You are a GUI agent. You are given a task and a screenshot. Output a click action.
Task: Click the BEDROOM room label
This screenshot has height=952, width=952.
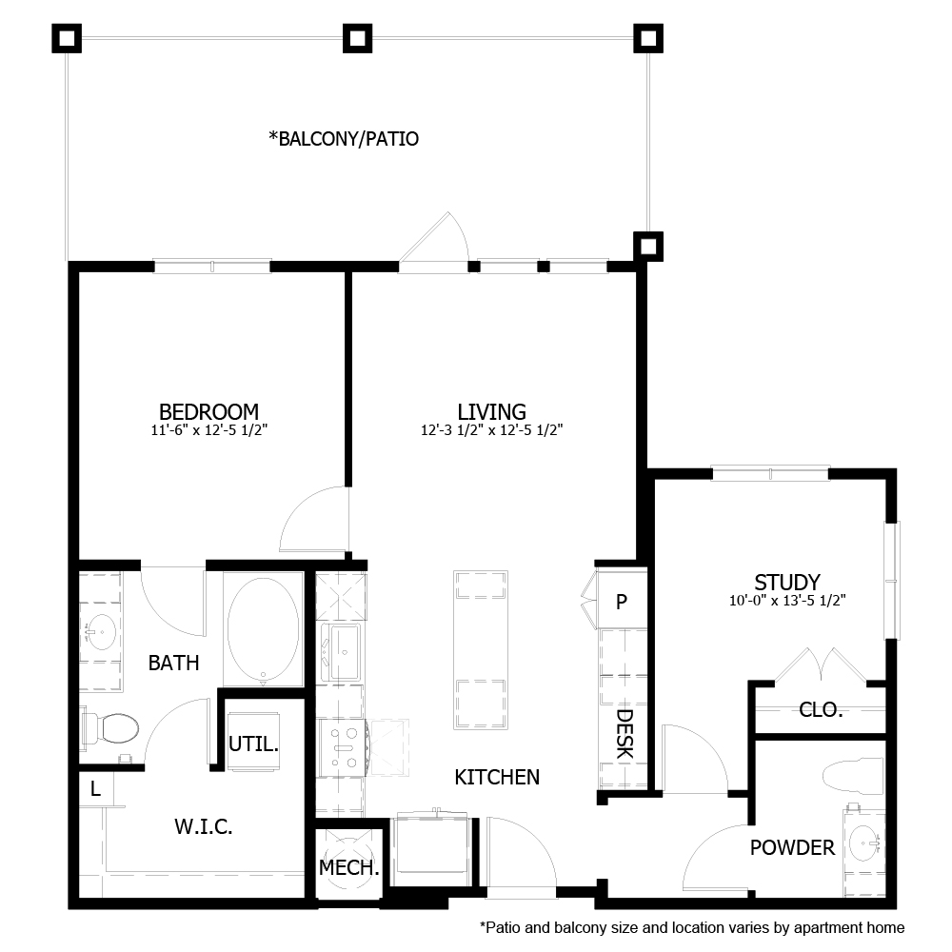click(x=208, y=411)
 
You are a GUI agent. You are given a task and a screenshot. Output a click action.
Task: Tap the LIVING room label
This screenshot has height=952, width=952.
click(x=491, y=411)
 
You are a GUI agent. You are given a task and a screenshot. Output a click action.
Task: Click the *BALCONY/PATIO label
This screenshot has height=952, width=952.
click(x=344, y=139)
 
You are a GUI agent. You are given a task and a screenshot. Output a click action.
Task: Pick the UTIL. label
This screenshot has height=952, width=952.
click(x=253, y=744)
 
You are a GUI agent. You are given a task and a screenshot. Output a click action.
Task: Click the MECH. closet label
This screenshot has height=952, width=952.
click(x=349, y=868)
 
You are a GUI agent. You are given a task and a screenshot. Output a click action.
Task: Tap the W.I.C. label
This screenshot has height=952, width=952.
click(x=204, y=827)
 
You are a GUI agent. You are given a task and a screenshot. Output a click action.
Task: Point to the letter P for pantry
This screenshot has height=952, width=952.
click(x=622, y=602)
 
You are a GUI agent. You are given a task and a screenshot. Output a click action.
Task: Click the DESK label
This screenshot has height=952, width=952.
click(x=625, y=734)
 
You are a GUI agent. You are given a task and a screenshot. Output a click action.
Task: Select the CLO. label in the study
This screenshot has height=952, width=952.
click(x=821, y=709)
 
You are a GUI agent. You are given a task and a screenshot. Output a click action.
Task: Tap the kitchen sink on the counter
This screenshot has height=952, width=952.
click(x=341, y=652)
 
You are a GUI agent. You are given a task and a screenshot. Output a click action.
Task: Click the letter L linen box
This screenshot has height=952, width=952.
click(x=95, y=788)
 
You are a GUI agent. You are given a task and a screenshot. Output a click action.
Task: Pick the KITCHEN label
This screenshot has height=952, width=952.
click(x=497, y=777)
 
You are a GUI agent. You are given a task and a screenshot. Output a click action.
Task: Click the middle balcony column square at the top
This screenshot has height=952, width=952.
click(x=357, y=38)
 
